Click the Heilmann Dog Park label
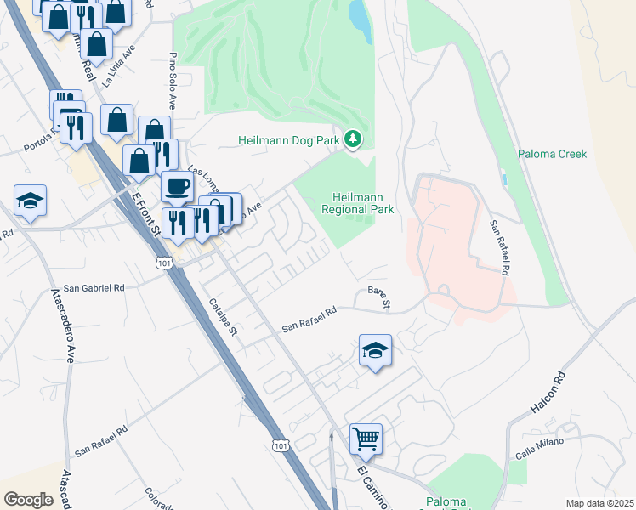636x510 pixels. tap(289, 139)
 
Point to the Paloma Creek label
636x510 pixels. tap(552, 154)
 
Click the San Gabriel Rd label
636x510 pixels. tap(88, 288)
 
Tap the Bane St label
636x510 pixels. tap(379, 297)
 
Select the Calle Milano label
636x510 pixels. tap(539, 447)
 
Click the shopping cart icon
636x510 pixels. tap(366, 439)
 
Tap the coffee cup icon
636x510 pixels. tap(177, 185)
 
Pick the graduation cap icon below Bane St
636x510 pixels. tap(375, 351)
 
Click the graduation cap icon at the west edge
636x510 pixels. tap(30, 201)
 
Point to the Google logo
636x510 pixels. tap(28, 500)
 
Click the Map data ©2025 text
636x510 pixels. tap(599, 503)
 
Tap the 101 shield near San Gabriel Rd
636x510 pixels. tap(164, 263)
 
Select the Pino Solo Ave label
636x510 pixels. tap(173, 82)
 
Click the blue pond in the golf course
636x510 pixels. tap(361, 20)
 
